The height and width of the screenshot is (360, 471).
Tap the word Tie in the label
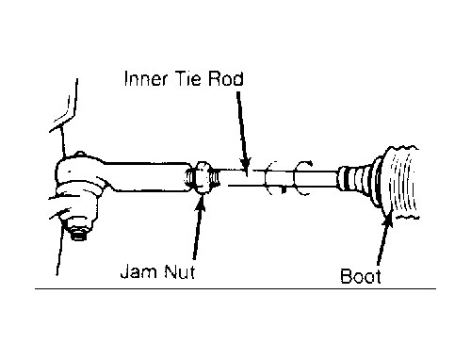pos(187,78)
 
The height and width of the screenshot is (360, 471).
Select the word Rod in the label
pos(225,78)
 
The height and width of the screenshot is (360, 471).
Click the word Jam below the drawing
pos(138,271)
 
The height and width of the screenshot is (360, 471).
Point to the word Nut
pos(179,271)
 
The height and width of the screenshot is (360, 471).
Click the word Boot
pos(361,276)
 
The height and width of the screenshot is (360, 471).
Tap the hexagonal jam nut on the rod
pos(203,178)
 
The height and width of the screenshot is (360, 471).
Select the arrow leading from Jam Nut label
pos(199,227)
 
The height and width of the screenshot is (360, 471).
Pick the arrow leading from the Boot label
pos(384,238)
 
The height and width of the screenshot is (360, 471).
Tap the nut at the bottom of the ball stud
pos(78,233)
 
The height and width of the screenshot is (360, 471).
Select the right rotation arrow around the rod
pos(302,178)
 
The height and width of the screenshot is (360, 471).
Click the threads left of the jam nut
pos(190,178)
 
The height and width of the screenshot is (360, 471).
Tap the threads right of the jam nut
pos(215,178)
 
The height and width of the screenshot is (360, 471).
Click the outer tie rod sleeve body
pos(148,177)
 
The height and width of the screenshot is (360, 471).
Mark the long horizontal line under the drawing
pos(235,288)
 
